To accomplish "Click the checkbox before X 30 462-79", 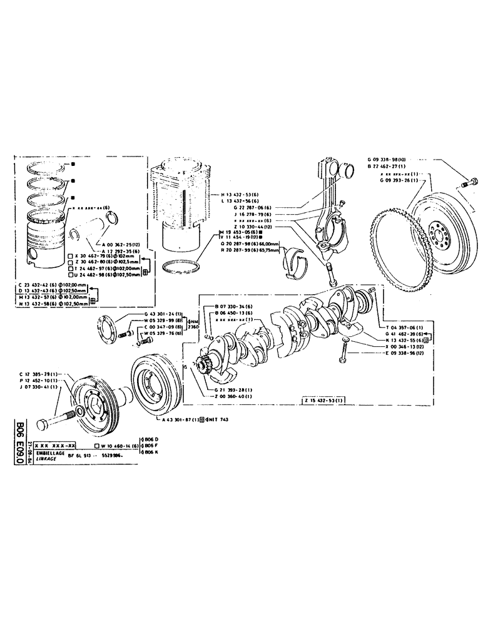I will (69, 256).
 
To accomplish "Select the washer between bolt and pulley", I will (79, 411).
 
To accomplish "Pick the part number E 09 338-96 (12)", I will (407, 353).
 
